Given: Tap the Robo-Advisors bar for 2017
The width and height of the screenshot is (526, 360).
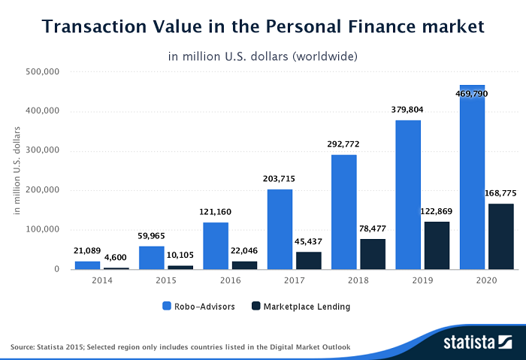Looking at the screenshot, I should coord(280,229).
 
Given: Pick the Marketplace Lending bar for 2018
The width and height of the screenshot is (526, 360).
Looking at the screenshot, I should coord(373,254).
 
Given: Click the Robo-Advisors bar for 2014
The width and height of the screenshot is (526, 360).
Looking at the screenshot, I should coord(87,265).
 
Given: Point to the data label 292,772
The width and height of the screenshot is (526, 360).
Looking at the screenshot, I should coord(343,144).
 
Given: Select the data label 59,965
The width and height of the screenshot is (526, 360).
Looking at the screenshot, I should coord(151,234).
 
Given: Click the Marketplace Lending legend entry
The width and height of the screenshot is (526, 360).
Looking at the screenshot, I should coord(301,307).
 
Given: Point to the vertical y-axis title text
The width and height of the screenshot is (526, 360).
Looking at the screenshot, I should coord(17,170).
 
